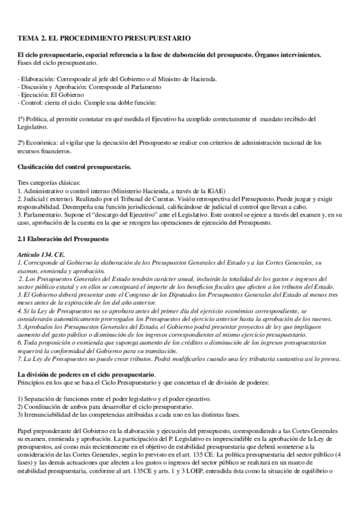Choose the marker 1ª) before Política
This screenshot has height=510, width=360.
pos(23,119)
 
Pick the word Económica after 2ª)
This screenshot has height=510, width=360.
pos(41,143)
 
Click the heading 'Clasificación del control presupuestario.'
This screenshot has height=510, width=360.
pos(75,166)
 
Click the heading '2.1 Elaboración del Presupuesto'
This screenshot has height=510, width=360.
pos(63,238)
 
